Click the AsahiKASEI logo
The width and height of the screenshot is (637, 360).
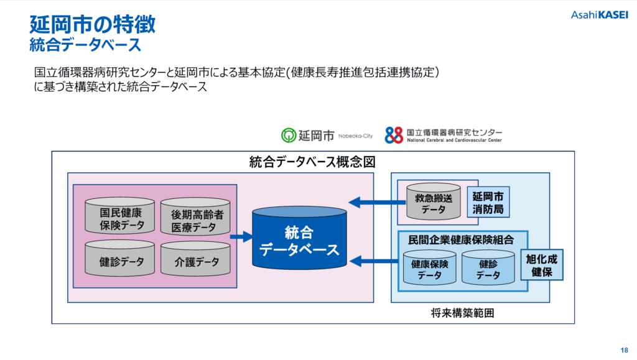pyautogui.click(x=599, y=15)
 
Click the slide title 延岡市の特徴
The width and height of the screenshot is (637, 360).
pyautogui.click(x=92, y=24)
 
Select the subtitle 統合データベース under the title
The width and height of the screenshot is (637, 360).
pyautogui.click(x=85, y=44)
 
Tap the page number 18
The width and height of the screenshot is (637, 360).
pyautogui.click(x=624, y=350)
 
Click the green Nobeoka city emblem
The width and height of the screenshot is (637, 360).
pyautogui.click(x=289, y=135)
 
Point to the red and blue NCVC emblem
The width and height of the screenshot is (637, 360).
pyautogui.click(x=394, y=135)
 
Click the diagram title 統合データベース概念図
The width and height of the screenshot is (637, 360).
pyautogui.click(x=312, y=162)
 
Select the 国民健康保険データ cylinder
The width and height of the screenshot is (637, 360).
pyautogui.click(x=120, y=216)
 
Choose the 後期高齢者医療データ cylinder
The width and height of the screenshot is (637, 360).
pyautogui.click(x=195, y=217)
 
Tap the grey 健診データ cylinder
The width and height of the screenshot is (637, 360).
pyautogui.click(x=120, y=258)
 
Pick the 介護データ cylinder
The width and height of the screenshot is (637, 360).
pyautogui.click(x=195, y=259)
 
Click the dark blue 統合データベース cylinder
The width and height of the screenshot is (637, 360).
pyautogui.click(x=299, y=238)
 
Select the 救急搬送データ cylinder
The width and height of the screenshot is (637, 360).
pyautogui.click(x=434, y=201)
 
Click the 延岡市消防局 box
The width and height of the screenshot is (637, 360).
pyautogui.click(x=488, y=203)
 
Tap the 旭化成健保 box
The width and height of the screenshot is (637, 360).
pyautogui.click(x=542, y=265)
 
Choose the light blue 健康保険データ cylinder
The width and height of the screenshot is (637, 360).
pyautogui.click(x=430, y=267)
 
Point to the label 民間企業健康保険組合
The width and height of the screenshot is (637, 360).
pyautogui.click(x=461, y=240)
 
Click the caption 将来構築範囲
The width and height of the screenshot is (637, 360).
pyautogui.click(x=462, y=313)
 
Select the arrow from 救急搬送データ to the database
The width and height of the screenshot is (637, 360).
pyautogui.click(x=378, y=202)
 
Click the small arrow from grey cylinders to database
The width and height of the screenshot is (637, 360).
pyautogui.click(x=241, y=236)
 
